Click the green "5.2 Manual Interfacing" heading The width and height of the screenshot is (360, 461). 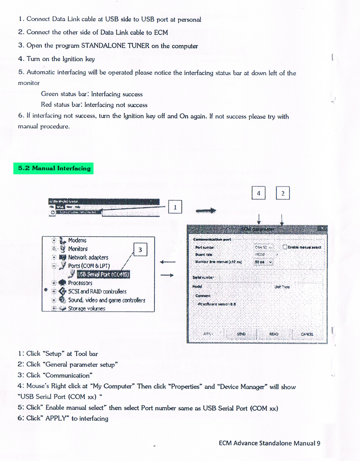[x=54, y=168]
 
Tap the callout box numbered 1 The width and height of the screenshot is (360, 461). [x=175, y=207]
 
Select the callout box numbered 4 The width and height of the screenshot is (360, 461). [x=258, y=193]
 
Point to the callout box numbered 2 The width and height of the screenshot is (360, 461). [x=283, y=193]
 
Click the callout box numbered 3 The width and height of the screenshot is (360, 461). [x=140, y=250]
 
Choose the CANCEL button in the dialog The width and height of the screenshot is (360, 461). [x=307, y=334]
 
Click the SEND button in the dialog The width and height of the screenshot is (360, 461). [x=241, y=334]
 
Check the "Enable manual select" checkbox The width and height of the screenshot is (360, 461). [x=285, y=247]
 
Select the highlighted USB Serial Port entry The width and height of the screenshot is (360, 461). [x=103, y=274]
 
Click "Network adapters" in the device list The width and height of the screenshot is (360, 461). [x=88, y=257]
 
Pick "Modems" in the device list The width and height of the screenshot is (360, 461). [x=77, y=240]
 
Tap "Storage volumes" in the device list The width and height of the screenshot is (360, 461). [x=86, y=309]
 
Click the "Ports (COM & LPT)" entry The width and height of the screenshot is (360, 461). [x=89, y=266]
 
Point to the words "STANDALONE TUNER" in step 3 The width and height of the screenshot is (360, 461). [x=115, y=46]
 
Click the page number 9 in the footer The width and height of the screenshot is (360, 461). [x=318, y=443]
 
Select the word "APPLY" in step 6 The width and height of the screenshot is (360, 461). [x=56, y=418]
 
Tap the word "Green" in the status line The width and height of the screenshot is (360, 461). [x=50, y=94]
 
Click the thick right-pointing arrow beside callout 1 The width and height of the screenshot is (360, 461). [x=206, y=211]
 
